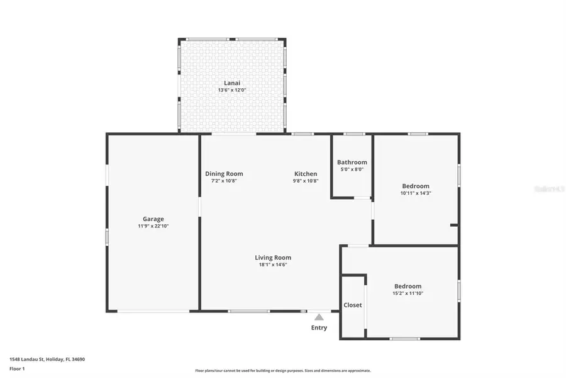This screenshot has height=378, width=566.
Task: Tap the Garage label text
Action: [153, 219]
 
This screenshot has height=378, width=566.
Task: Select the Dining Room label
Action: [224, 174]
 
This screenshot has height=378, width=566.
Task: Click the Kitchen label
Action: [306, 174]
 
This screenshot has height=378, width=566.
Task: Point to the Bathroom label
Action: [352, 162]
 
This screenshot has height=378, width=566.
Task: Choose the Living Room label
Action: [273, 257]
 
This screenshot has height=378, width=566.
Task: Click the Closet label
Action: [353, 305]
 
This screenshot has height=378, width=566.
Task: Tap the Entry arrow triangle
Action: [319, 317]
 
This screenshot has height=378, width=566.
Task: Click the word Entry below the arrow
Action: [319, 328]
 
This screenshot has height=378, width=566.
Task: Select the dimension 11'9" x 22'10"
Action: [153, 226]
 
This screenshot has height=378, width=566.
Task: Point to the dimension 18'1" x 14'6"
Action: [273, 265]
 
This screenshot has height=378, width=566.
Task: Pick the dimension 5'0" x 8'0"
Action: [352, 169]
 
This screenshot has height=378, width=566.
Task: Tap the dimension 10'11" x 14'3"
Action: [416, 193]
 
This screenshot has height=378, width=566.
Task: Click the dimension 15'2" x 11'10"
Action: [408, 294]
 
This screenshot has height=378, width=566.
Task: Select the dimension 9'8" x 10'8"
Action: [306, 181]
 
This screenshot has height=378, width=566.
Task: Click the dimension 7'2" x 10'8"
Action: [224, 181]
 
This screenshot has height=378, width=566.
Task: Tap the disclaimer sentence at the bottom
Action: [282, 370]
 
